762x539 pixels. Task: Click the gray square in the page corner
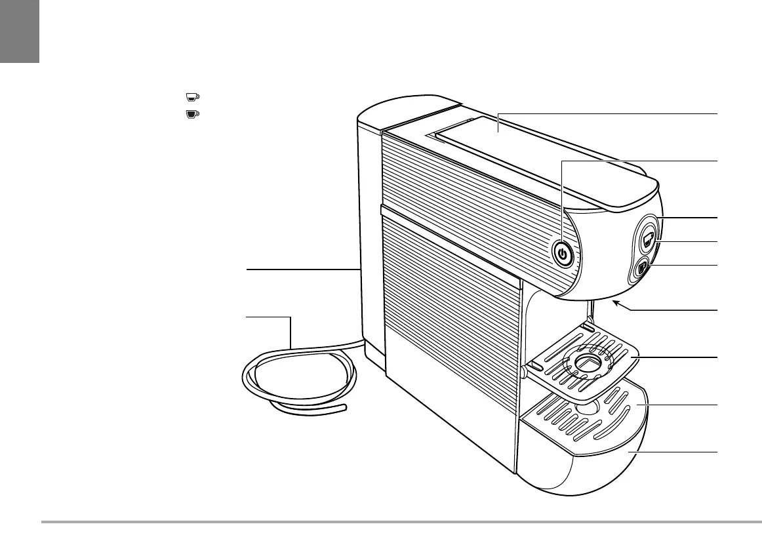point(19,31)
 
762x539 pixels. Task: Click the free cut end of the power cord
point(344,409)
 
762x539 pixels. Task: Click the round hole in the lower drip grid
point(584,406)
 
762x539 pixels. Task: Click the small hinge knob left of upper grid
point(523,371)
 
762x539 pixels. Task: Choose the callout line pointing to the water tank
point(302,269)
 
